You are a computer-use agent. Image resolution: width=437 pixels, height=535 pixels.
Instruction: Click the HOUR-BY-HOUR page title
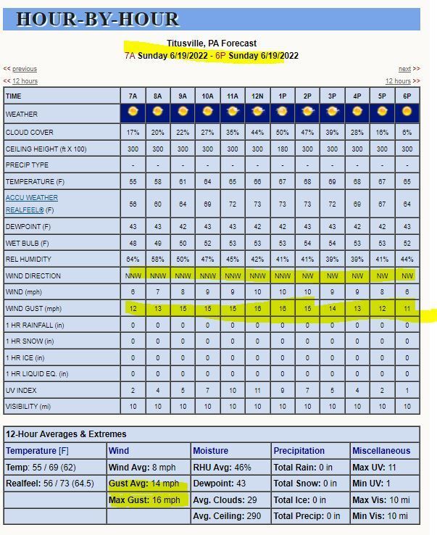98,20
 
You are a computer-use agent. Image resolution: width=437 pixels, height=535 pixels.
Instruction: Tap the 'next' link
404,69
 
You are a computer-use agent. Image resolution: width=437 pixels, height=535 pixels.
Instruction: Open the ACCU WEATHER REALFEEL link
32,204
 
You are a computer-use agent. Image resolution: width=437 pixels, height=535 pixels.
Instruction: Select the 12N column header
257,96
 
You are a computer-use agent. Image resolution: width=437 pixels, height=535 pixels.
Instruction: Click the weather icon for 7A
133,112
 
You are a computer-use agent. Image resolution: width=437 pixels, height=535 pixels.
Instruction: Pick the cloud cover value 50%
282,133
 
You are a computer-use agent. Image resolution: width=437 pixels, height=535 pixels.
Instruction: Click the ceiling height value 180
282,149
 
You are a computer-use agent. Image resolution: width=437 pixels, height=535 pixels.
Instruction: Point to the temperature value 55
133,181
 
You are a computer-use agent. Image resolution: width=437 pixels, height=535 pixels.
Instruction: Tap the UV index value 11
257,391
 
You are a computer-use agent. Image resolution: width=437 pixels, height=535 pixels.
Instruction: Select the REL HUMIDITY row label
28,260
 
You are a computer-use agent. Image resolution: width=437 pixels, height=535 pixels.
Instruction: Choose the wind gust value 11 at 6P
407,308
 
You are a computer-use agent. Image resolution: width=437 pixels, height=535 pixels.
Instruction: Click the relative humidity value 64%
133,260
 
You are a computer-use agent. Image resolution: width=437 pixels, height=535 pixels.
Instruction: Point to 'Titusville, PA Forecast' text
212,43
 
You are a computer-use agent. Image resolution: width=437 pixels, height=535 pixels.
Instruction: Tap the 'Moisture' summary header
212,451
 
